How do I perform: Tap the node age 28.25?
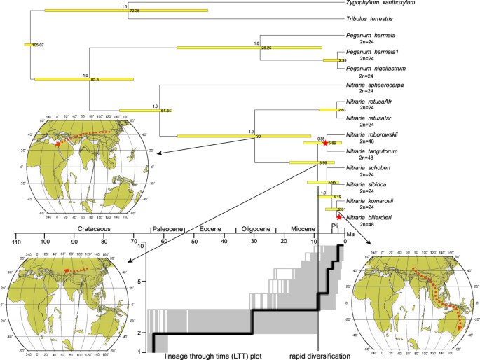[266, 48]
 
